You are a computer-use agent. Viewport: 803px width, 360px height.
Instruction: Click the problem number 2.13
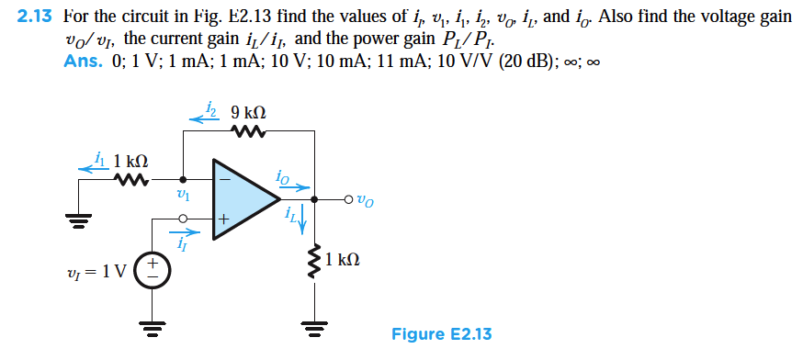[x=36, y=17]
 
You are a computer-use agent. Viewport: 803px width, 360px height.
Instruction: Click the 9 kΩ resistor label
[x=248, y=115]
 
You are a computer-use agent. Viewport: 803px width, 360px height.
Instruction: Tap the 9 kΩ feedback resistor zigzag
[x=247, y=134]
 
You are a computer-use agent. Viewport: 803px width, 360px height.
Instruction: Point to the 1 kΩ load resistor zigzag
[x=314, y=261]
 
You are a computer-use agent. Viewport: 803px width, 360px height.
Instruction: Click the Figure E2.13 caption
[x=441, y=333]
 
